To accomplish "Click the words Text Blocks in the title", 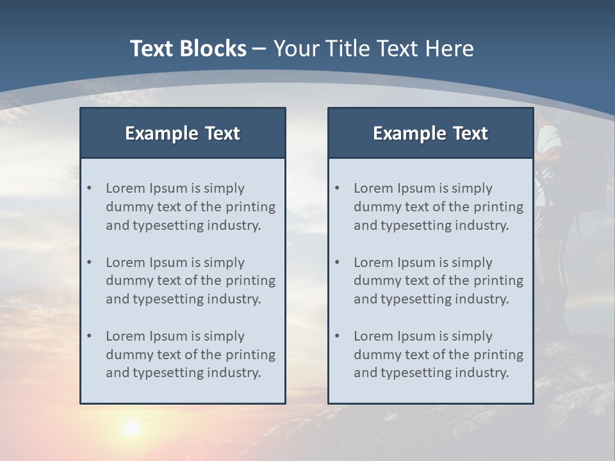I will point(188,49).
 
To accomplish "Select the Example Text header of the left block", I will point(183,133).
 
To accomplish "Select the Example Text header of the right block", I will point(430,133).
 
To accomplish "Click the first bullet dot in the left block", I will point(90,188).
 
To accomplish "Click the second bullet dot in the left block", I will point(90,263).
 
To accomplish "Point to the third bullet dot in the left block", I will point(90,336).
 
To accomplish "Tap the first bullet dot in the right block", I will point(338,188).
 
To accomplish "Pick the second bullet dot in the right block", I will point(338,263).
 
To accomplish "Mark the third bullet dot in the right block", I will point(338,336).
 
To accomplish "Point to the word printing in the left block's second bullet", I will point(252,280).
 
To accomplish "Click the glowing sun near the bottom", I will point(132,427).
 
